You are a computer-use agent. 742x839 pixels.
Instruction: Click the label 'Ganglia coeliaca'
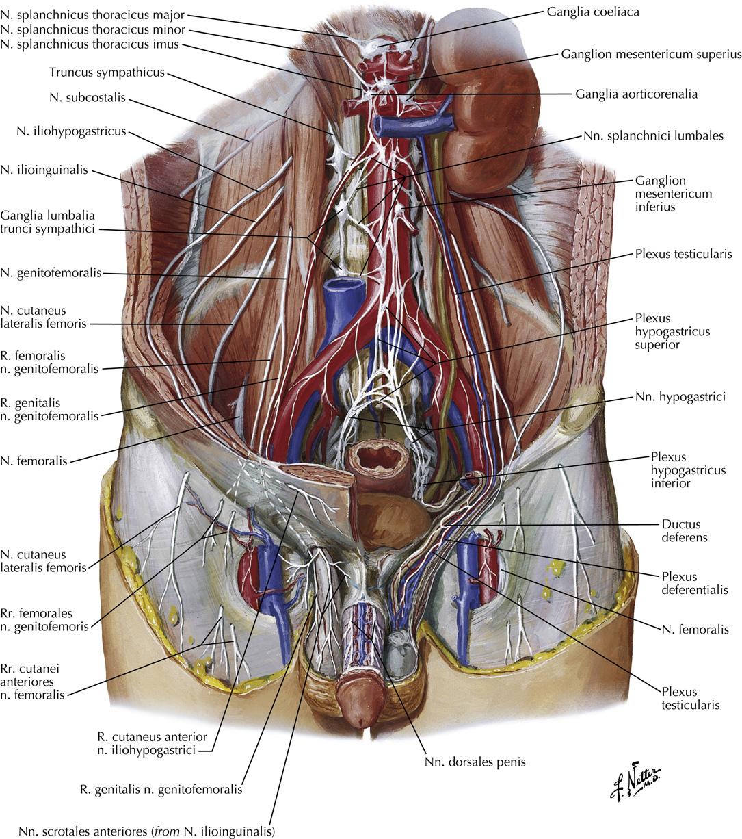[593, 12]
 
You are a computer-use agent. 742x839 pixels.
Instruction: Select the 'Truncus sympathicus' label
[107, 72]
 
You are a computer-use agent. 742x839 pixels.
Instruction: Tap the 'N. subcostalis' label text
[88, 97]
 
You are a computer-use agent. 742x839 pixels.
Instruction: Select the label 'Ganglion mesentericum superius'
[651, 54]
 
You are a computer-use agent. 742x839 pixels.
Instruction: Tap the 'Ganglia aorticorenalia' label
[637, 94]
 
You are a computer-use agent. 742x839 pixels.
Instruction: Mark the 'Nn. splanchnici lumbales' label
[653, 135]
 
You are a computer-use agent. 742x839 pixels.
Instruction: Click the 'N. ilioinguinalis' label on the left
[44, 170]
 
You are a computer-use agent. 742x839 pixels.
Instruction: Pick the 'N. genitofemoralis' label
[51, 272]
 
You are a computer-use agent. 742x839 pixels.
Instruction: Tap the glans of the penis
[360, 711]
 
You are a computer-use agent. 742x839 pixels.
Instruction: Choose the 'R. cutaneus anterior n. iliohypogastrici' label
[152, 744]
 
